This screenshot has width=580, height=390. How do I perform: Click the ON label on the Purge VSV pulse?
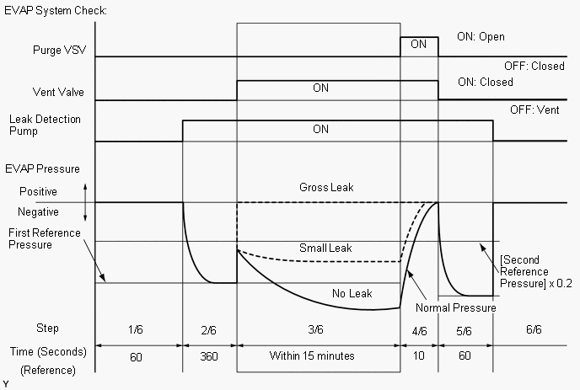tap(419, 45)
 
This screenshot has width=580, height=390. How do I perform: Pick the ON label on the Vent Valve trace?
tap(320, 88)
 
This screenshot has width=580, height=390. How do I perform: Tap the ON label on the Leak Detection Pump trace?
tap(320, 129)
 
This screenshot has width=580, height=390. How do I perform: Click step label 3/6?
tap(319, 328)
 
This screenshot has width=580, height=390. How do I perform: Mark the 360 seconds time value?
tap(210, 355)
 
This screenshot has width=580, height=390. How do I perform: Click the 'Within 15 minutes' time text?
tap(312, 355)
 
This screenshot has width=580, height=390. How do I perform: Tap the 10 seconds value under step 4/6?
tap(419, 355)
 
